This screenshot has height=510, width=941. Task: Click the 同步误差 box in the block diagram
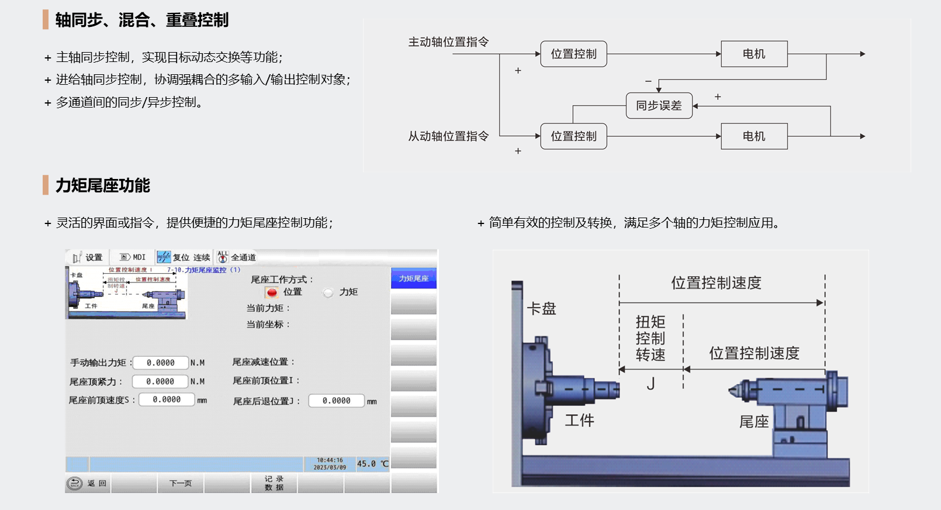click(x=659, y=106)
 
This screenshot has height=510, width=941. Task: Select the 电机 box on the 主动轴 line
click(x=754, y=54)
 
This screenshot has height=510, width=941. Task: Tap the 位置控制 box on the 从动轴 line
click(x=573, y=136)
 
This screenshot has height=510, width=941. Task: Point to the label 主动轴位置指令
click(x=448, y=42)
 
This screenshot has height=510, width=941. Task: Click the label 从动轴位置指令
click(x=448, y=136)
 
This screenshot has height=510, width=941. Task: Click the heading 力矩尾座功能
click(x=103, y=185)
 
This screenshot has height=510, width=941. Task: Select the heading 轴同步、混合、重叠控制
click(x=141, y=20)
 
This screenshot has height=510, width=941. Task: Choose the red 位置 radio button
click(x=272, y=292)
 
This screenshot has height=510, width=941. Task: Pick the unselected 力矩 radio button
click(x=328, y=292)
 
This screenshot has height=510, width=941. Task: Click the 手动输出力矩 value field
click(x=161, y=363)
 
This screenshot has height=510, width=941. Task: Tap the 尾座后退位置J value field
click(x=336, y=401)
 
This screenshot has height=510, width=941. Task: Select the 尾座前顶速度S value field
click(x=167, y=399)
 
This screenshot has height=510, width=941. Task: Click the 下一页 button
click(x=181, y=483)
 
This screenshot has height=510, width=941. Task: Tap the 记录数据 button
click(x=274, y=483)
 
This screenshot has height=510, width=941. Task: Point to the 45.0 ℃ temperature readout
click(x=372, y=464)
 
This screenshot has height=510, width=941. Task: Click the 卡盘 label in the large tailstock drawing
click(x=541, y=309)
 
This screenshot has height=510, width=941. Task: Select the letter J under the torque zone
click(x=651, y=384)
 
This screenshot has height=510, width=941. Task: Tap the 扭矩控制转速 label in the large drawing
click(x=651, y=338)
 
